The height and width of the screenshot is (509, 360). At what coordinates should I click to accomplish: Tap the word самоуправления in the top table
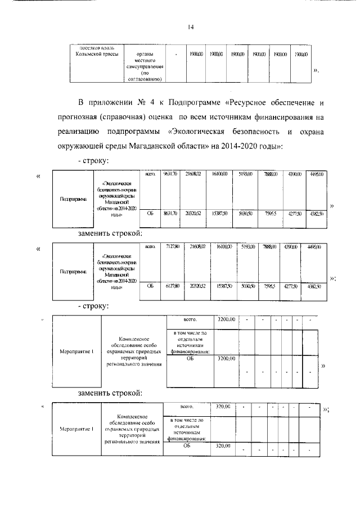click(145, 66)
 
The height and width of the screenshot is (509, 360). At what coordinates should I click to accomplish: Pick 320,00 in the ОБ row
click(223, 446)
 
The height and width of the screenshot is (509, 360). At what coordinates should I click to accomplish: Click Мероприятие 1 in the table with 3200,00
click(76, 352)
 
